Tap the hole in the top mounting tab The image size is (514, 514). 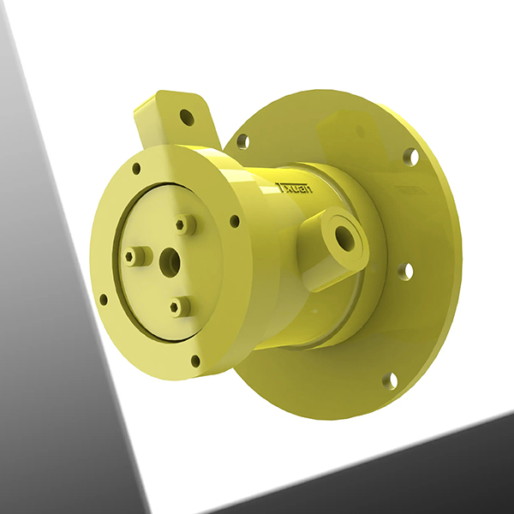pyautogui.click(x=186, y=117)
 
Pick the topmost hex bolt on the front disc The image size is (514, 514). pyautogui.click(x=182, y=224)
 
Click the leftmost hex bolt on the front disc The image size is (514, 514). pyautogui.click(x=133, y=256)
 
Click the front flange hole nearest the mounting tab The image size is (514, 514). pyautogui.click(x=135, y=169)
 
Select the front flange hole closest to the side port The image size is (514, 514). pyautogui.click(x=234, y=221)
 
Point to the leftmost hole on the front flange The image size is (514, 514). pyautogui.click(x=104, y=300)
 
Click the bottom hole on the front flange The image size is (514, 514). pyautogui.click(x=195, y=361)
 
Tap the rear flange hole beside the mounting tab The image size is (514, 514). pyautogui.click(x=242, y=140)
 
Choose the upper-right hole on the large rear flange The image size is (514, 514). pyautogui.click(x=410, y=157)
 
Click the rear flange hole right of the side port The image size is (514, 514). pyautogui.click(x=405, y=272)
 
